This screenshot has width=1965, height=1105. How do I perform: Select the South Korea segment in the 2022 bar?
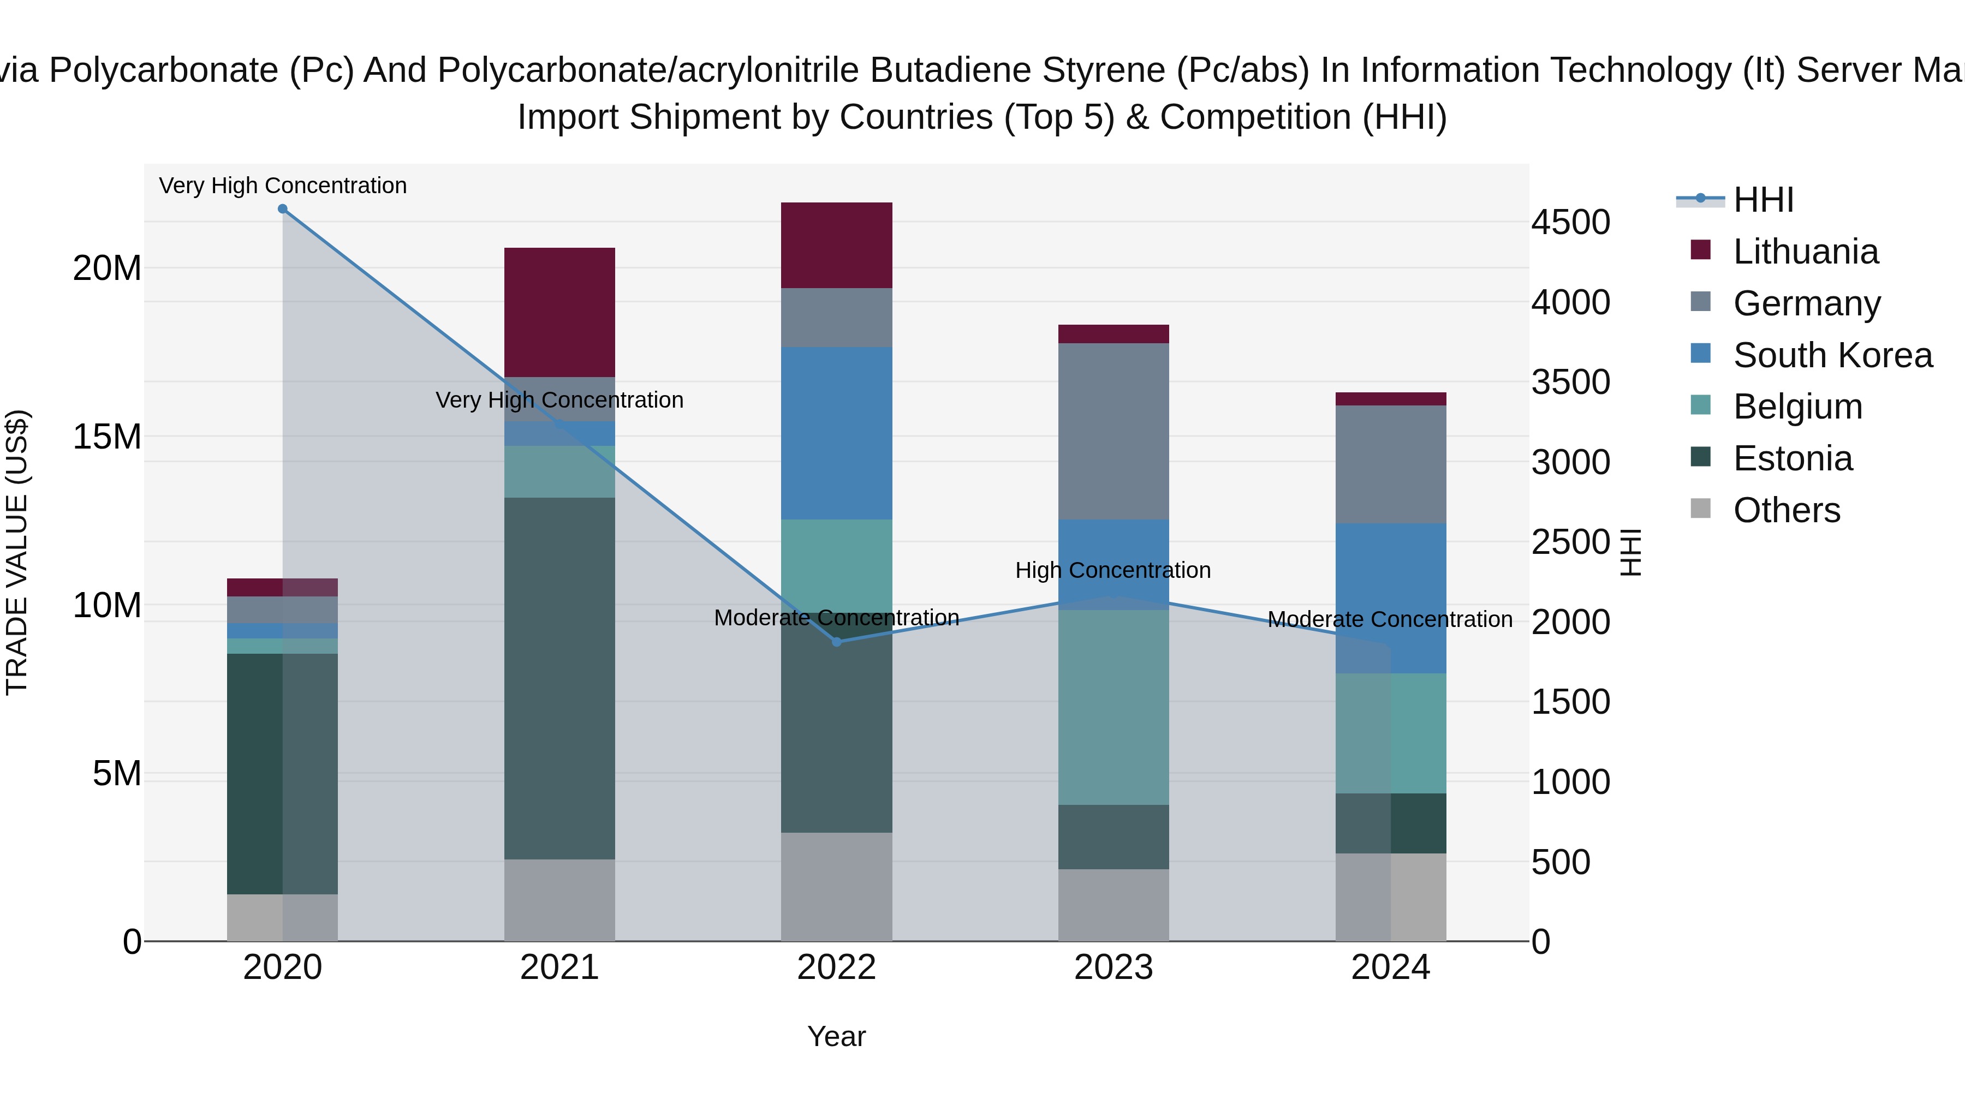tap(836, 433)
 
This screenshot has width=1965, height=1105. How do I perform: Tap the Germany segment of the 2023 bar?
tap(1113, 431)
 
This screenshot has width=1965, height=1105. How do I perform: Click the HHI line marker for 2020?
tap(282, 209)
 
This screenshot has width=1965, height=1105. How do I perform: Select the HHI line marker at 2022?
tap(836, 642)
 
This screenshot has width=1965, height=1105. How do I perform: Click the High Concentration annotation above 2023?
tap(1112, 570)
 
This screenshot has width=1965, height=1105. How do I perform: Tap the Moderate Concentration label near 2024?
tap(1389, 619)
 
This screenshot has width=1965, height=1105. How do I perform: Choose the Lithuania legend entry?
tap(1805, 252)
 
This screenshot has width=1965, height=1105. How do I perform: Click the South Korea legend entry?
tap(1832, 355)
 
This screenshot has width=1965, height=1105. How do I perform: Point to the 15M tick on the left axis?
tap(107, 437)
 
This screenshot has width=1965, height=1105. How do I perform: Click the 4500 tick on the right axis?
tap(1570, 223)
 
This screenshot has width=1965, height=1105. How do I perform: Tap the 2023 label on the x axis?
tap(1113, 967)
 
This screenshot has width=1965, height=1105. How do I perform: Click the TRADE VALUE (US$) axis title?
tap(17, 552)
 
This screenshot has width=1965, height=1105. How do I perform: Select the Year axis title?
tap(836, 1036)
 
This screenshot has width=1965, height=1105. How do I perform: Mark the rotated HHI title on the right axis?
tap(1629, 552)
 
